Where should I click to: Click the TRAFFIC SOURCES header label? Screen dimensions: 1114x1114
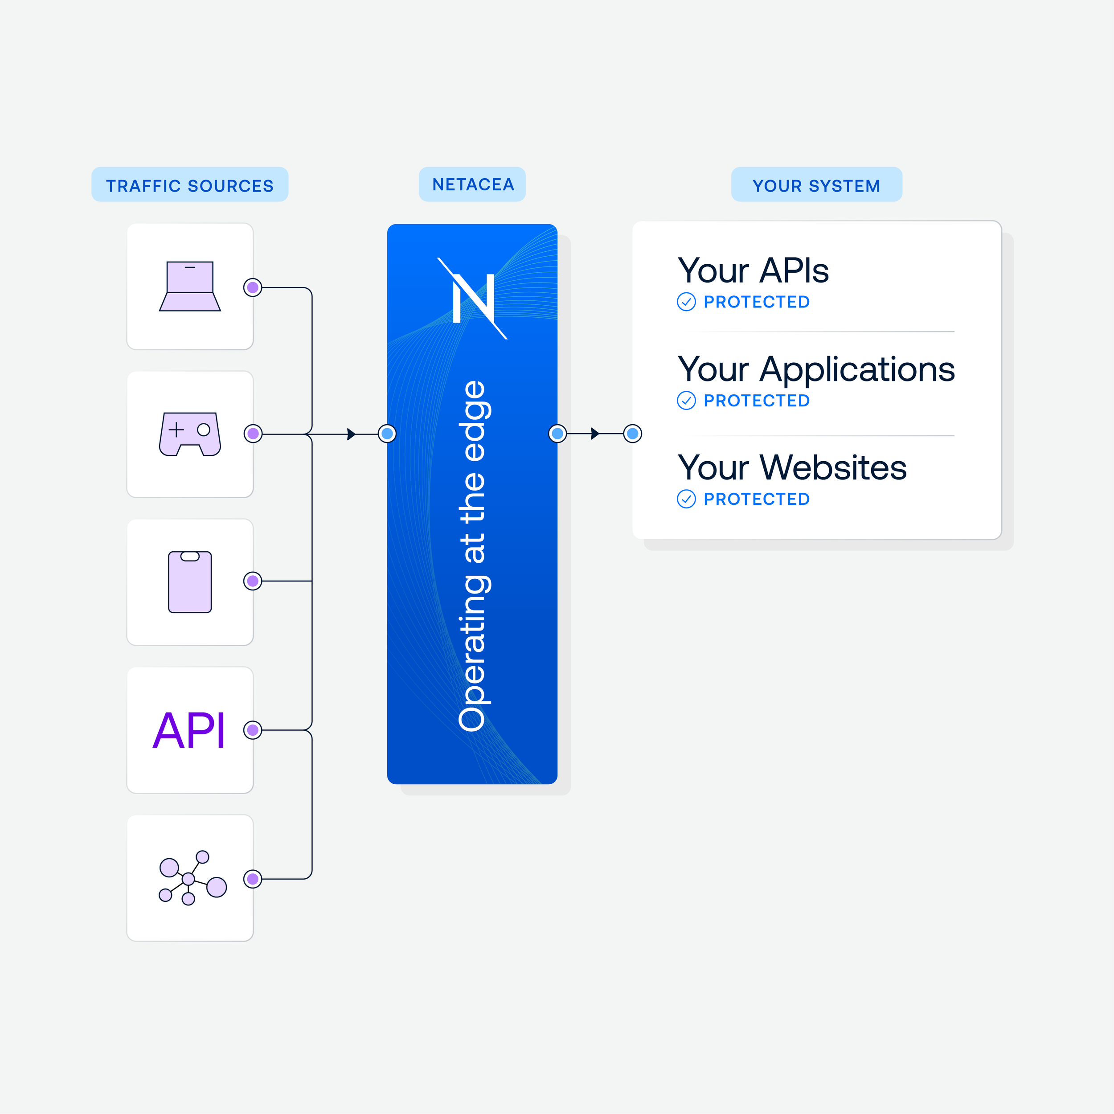(x=190, y=186)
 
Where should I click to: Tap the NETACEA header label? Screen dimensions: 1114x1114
(x=473, y=184)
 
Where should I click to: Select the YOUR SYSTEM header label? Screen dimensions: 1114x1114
(x=816, y=186)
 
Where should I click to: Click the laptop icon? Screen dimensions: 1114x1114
(x=190, y=286)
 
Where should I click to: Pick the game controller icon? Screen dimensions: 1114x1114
(x=190, y=434)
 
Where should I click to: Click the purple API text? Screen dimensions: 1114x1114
(x=188, y=730)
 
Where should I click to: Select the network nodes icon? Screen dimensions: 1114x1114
(x=192, y=877)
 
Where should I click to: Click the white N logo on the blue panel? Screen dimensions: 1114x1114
(x=472, y=298)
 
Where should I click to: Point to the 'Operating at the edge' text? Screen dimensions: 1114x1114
(x=473, y=556)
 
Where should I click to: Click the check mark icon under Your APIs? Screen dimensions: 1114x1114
(x=686, y=302)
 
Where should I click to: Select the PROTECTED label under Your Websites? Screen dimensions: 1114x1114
(x=757, y=499)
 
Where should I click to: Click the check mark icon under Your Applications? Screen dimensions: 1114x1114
(x=686, y=400)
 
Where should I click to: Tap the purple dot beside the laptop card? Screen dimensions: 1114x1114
(x=253, y=287)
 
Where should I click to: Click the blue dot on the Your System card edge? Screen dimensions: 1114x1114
(x=633, y=433)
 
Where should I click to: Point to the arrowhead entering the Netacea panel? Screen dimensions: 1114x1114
(x=351, y=434)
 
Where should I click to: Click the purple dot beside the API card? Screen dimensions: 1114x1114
(x=253, y=730)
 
